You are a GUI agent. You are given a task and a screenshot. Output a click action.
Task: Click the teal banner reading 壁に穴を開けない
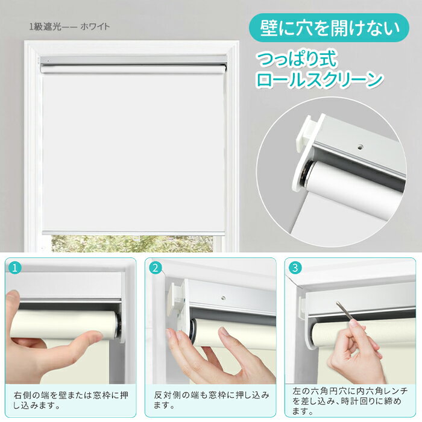[329, 28]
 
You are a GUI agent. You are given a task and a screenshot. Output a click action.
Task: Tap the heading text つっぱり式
[297, 60]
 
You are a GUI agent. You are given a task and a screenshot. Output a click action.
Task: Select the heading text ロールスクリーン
[320, 80]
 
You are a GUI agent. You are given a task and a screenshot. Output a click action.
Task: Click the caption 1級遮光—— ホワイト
[69, 27]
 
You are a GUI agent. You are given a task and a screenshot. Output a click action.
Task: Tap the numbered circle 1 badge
[15, 268]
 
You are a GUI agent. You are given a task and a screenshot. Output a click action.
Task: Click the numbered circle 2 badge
[156, 268]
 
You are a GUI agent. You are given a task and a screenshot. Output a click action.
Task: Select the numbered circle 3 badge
[295, 268]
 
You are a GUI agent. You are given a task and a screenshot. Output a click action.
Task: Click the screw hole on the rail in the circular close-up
[361, 147]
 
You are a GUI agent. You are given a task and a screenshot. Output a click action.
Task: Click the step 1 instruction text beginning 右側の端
[71, 400]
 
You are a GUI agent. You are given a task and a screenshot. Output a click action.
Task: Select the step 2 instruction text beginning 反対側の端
[212, 400]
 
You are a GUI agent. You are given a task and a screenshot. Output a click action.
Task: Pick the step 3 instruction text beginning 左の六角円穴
[350, 401]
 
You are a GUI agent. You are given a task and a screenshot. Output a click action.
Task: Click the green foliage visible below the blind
[132, 244]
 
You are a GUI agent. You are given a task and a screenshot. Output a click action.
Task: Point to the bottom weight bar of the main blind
[133, 233]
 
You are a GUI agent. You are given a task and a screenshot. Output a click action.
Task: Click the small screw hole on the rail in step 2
[223, 298]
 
